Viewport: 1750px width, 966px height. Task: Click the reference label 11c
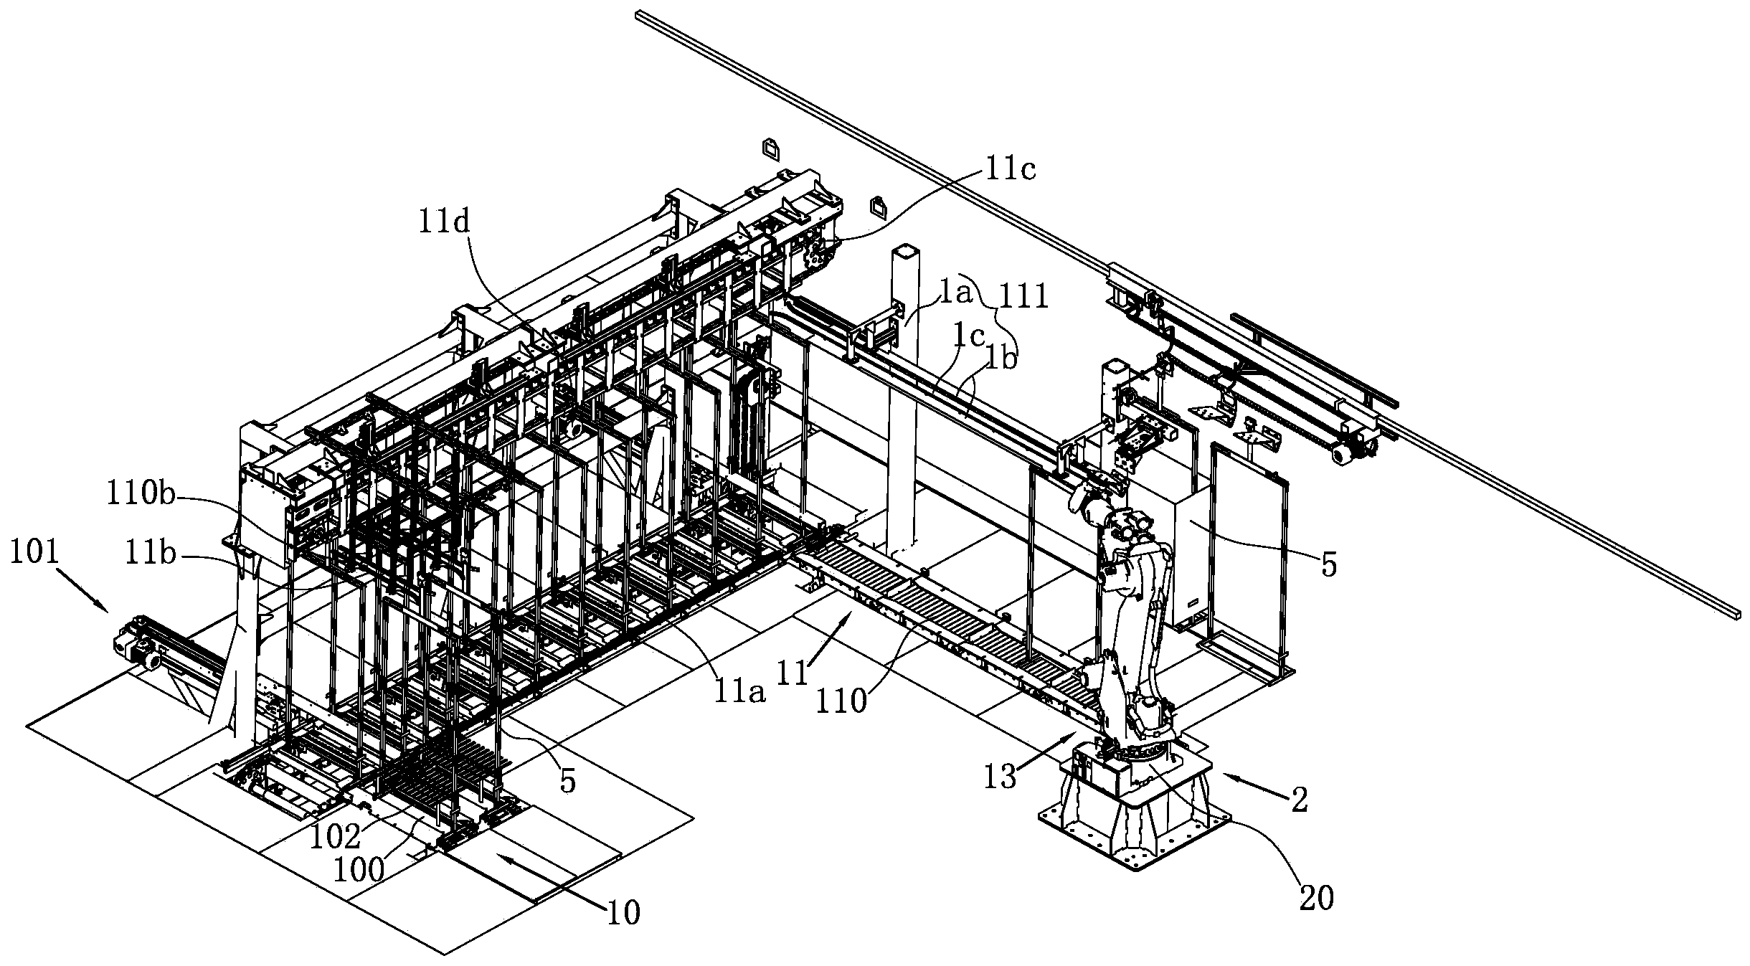(x=1010, y=171)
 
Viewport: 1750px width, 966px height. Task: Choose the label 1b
(x=1002, y=359)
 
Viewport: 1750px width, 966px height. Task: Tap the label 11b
(x=151, y=554)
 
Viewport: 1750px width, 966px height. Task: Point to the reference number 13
(x=1000, y=777)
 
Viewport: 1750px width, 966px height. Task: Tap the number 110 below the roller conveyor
(x=842, y=700)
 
